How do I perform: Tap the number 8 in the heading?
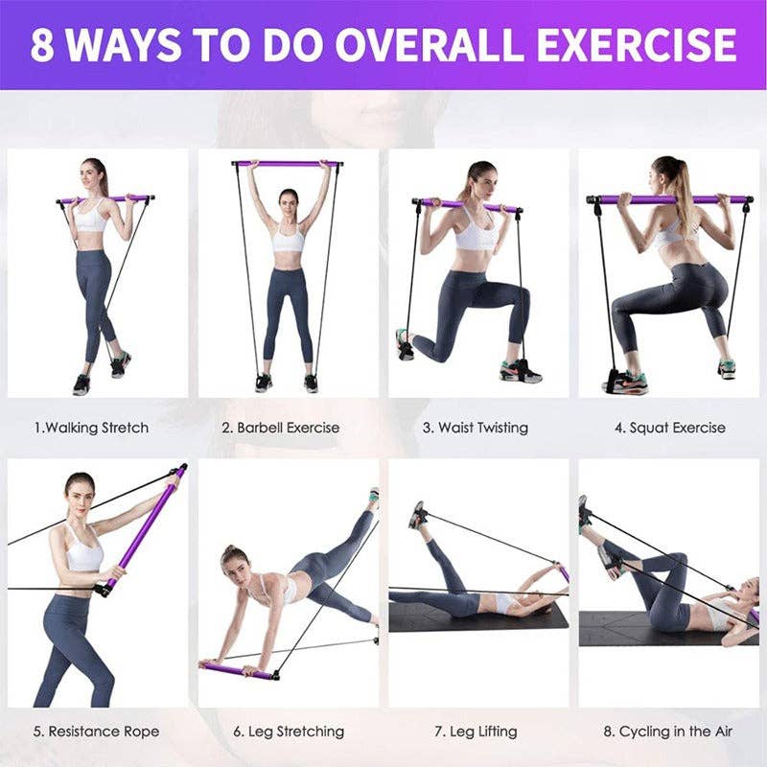(42, 45)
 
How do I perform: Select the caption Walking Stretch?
(92, 428)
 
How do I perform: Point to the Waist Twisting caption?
(476, 428)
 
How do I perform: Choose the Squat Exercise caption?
(670, 428)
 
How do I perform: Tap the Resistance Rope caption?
(96, 732)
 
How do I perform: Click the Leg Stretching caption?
(289, 732)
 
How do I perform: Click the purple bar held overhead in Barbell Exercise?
(288, 164)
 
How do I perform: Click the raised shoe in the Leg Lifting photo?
(417, 514)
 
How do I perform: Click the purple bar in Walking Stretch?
(105, 199)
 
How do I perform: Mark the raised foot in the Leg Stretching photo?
(373, 498)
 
